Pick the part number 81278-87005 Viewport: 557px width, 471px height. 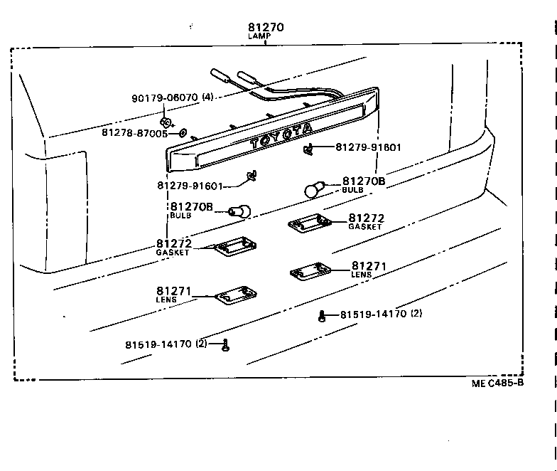tap(134, 132)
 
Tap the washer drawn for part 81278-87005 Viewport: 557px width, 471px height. tap(183, 132)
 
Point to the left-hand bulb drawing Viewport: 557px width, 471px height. tap(239, 211)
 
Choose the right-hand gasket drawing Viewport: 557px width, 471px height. tap(310, 225)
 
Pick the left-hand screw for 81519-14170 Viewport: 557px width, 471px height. tap(225, 345)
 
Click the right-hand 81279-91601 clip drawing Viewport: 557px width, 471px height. tap(310, 148)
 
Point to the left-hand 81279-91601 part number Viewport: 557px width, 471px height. tap(190, 186)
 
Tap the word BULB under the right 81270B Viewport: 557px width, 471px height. tap(352, 190)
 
